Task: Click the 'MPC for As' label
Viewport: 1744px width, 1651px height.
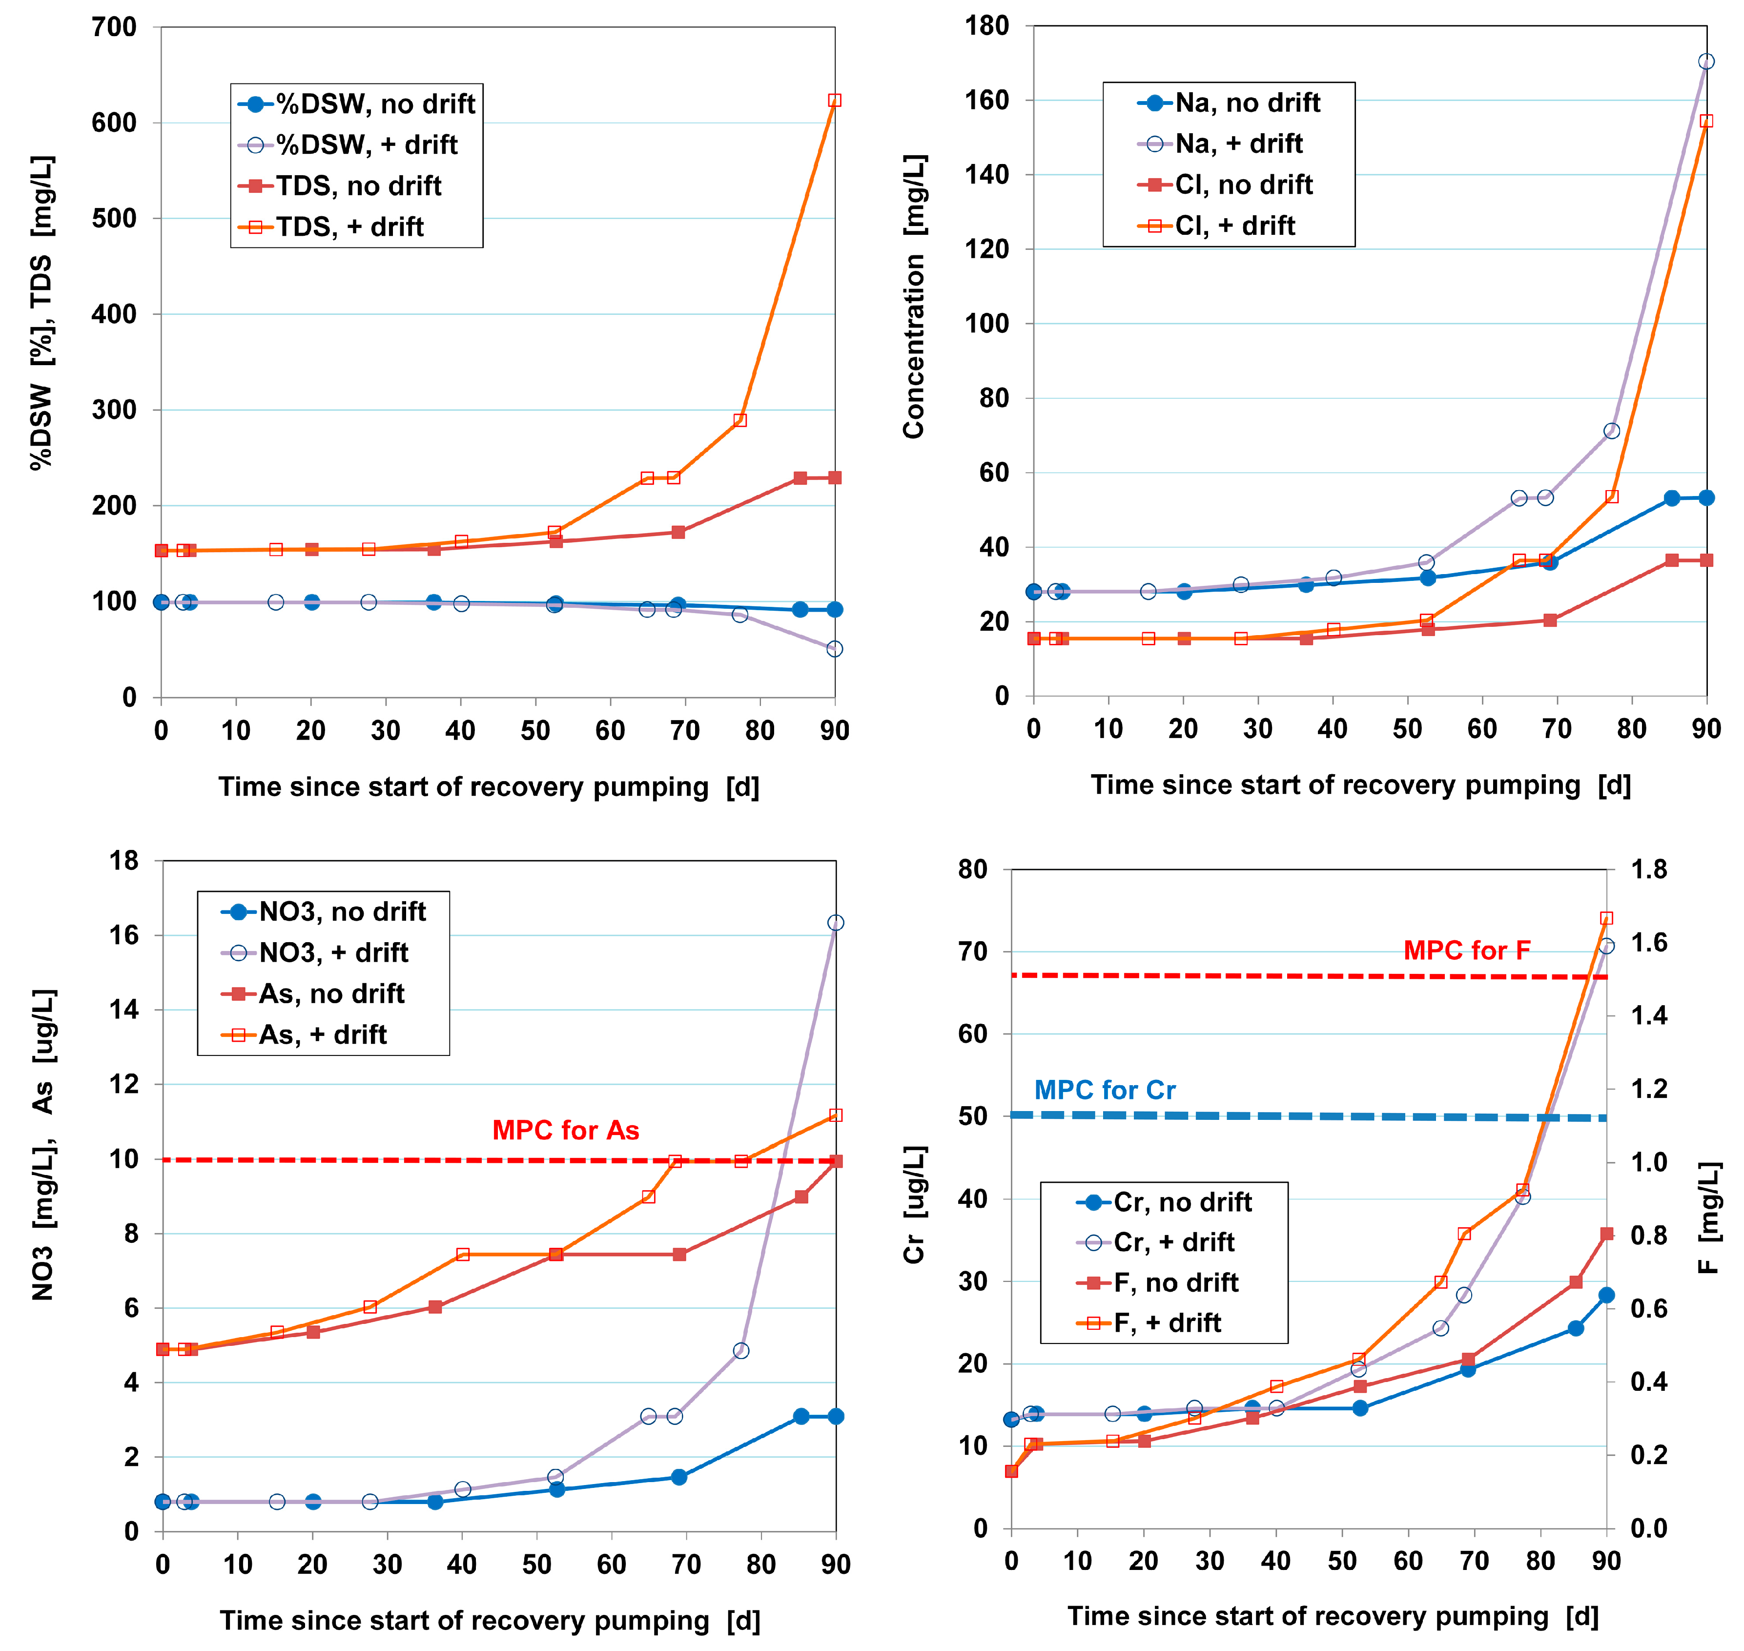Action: tap(565, 1130)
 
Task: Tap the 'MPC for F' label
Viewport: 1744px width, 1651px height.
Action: tap(1467, 950)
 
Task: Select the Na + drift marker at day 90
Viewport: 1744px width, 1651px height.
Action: tap(1706, 62)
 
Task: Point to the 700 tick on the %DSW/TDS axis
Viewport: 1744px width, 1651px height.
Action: tap(114, 27)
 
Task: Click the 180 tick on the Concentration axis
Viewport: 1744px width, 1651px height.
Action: tap(986, 26)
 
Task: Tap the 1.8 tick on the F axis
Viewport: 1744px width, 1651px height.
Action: tap(1649, 869)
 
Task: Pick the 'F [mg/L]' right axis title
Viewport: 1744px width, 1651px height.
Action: tap(1708, 1218)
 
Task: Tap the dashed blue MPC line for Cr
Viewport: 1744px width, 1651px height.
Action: tap(1320, 1116)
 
